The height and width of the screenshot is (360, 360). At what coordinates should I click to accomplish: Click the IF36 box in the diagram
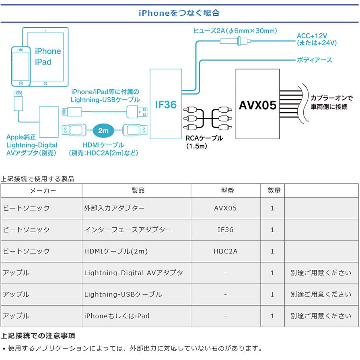click(166, 104)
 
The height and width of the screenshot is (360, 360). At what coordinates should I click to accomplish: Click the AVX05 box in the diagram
click(257, 104)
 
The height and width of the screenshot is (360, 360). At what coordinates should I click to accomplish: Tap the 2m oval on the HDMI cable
click(103, 131)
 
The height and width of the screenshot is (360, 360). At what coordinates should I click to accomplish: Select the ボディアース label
click(314, 60)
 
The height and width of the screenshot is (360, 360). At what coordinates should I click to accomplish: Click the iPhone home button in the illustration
click(21, 83)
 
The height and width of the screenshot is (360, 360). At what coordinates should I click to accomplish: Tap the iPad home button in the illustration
click(45, 83)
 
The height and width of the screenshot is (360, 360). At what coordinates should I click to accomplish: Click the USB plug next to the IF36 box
click(137, 112)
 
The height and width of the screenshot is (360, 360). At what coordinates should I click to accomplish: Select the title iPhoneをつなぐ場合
click(179, 13)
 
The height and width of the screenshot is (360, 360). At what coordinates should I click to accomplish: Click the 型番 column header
click(227, 190)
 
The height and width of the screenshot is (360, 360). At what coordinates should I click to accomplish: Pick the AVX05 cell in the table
click(225, 208)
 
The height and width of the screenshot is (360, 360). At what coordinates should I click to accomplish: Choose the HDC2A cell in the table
click(226, 251)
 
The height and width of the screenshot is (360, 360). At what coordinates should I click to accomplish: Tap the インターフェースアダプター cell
click(128, 230)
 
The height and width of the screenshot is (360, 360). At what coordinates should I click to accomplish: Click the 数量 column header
click(274, 190)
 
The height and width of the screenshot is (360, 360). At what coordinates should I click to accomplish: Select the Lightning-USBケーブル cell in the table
click(123, 294)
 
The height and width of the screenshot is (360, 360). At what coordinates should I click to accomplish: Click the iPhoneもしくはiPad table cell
click(117, 316)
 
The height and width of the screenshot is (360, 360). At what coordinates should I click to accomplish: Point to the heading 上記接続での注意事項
click(38, 335)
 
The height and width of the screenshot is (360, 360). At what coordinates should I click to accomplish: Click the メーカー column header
click(43, 191)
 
